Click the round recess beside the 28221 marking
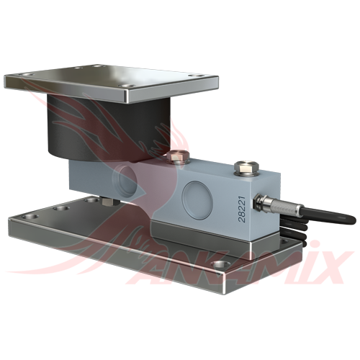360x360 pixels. [x=197, y=197]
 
